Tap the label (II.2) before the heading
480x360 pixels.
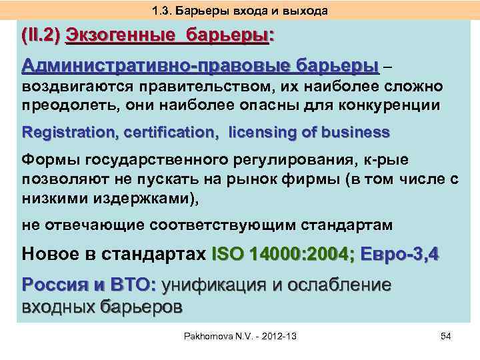(42, 36)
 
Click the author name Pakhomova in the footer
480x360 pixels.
(209, 337)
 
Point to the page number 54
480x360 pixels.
(446, 337)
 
